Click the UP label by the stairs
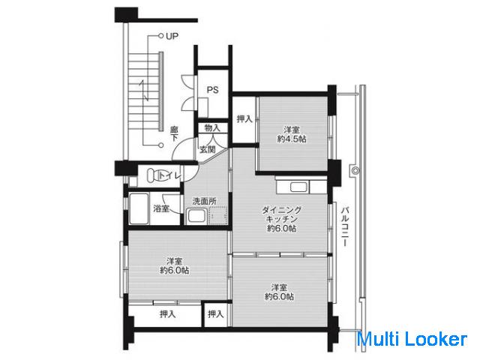coord(172,36)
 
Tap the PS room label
coord(213,90)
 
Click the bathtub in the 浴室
coord(139,208)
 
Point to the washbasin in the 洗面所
coord(196,215)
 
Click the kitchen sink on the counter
coord(298,187)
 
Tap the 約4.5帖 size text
coord(292,139)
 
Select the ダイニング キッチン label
coord(282,214)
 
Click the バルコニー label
coord(346,226)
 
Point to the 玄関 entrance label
coord(208,149)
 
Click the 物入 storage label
coord(212,127)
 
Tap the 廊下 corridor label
coord(174,134)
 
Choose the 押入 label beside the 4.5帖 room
coord(244,118)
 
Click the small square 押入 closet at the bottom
coord(215,314)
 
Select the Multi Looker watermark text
coord(412,340)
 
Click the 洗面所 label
coord(204,201)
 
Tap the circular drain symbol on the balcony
coord(355,170)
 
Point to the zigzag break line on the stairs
coord(144,91)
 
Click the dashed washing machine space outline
coord(218,215)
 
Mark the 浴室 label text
coord(161,208)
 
